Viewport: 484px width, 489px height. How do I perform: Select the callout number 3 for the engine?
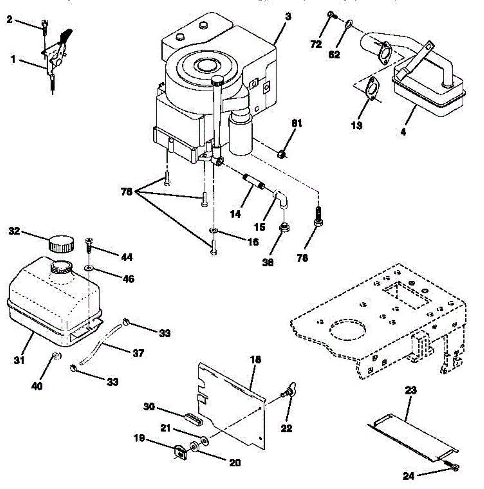288,18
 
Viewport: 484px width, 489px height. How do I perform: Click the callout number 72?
316,44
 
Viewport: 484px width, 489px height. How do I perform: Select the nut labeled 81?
281,154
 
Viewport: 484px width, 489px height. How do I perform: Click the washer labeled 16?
214,231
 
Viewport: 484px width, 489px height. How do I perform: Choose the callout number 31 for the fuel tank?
19,360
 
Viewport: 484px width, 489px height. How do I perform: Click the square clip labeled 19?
179,452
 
